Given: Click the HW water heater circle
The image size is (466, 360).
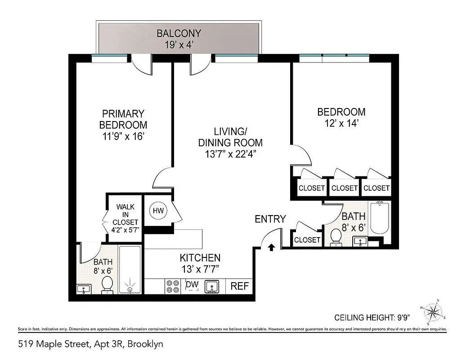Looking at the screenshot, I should (158, 211).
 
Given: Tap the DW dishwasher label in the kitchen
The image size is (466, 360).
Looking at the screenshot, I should (192, 285).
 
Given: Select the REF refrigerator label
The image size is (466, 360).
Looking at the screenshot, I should (239, 286).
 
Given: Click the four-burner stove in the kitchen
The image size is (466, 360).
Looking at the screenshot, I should (173, 286).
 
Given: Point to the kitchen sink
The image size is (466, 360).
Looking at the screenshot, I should (212, 286).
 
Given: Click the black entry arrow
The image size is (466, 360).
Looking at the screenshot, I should (271, 247).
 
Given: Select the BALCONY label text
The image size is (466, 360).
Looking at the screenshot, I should (179, 33).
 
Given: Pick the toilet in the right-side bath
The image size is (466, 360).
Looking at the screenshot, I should (336, 237).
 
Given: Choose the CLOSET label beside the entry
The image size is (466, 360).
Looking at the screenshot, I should (307, 240).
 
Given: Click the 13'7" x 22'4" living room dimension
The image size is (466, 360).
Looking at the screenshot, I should (230, 154).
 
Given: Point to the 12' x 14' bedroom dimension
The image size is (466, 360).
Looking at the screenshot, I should (341, 123).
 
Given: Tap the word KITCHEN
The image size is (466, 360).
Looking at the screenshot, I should (200, 258).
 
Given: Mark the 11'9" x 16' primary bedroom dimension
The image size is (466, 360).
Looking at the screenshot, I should (123, 136).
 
